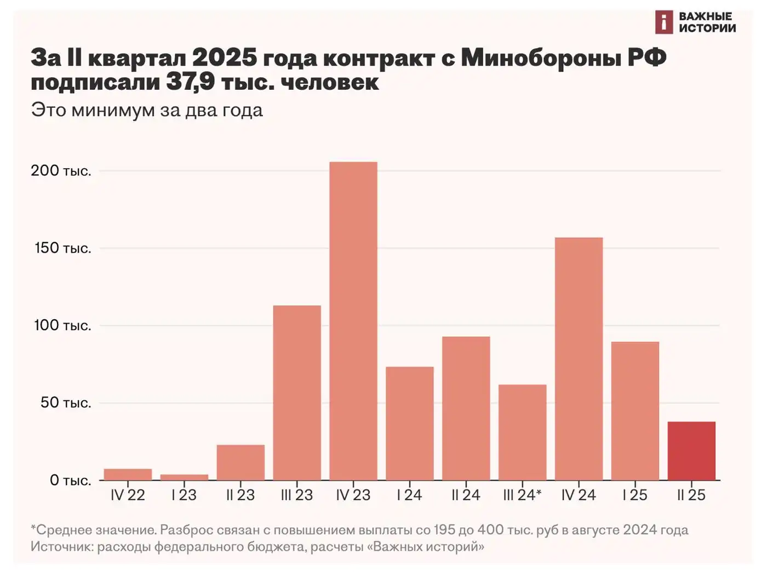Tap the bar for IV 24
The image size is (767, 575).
(579, 359)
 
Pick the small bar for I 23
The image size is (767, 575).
(184, 477)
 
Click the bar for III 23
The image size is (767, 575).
(297, 393)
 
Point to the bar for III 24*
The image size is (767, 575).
(522, 432)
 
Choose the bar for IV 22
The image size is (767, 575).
(128, 474)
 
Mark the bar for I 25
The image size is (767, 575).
(635, 411)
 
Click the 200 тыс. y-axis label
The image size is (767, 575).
(61, 171)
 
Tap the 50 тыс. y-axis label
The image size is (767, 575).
(65, 403)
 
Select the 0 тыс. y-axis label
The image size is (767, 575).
(70, 480)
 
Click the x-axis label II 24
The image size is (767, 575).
(466, 495)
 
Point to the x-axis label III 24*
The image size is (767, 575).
(522, 495)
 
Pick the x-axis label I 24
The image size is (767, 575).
(409, 495)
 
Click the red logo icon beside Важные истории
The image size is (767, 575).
(663, 22)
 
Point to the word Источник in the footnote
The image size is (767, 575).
(61, 547)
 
